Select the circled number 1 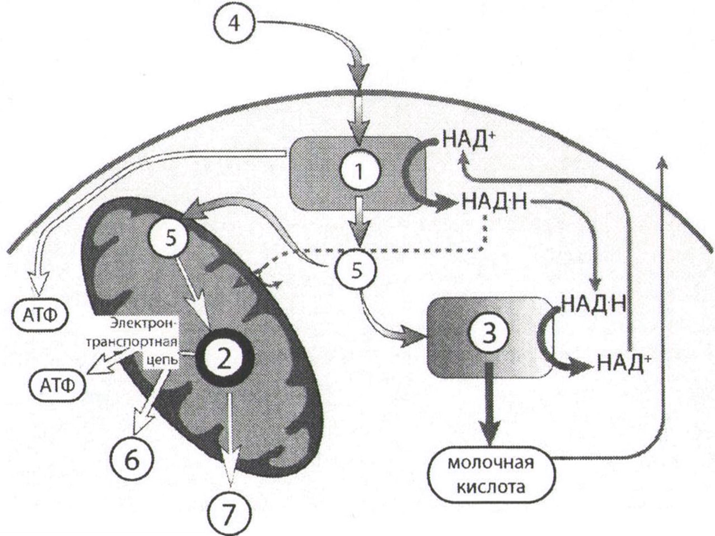pyautogui.click(x=358, y=172)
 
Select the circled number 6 pyautogui.click(x=132, y=462)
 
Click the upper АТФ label pyautogui.click(x=40, y=316)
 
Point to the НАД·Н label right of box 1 pyautogui.click(x=495, y=203)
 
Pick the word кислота pyautogui.click(x=491, y=488)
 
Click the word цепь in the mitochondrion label pyautogui.click(x=163, y=360)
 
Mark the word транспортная pyautogui.click(x=134, y=343)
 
